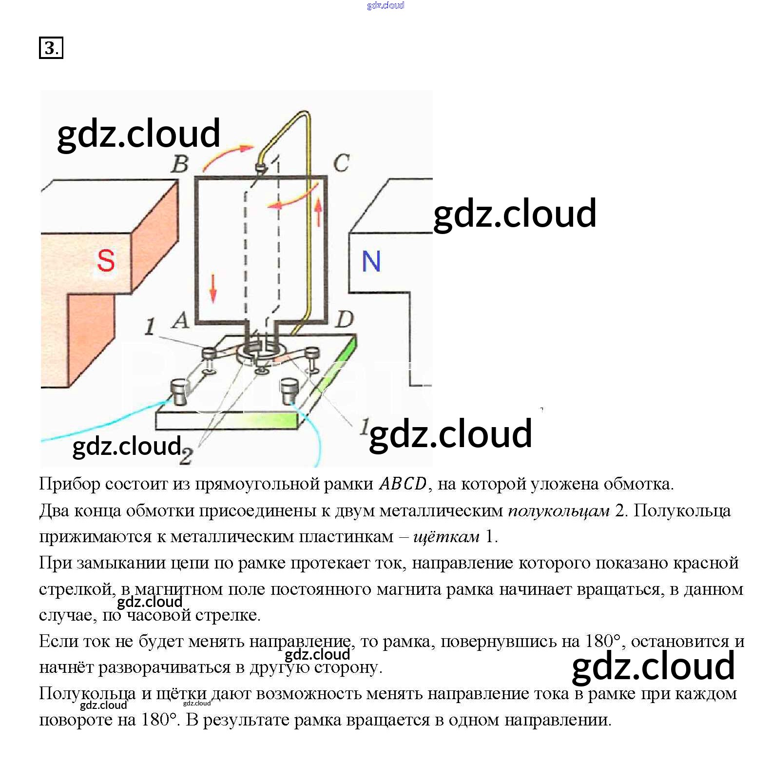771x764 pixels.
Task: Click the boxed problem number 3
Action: click(x=51, y=48)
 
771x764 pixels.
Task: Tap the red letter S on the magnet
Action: click(x=106, y=260)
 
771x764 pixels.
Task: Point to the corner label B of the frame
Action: click(x=180, y=164)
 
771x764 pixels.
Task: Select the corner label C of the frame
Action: click(x=341, y=163)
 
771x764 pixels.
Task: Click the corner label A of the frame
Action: click(x=181, y=320)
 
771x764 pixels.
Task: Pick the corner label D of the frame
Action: click(x=345, y=319)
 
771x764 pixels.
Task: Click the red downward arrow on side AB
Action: click(x=213, y=288)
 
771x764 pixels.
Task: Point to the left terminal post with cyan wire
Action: click(x=179, y=393)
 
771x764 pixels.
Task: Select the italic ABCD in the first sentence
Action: click(x=403, y=484)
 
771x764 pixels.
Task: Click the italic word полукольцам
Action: click(x=559, y=510)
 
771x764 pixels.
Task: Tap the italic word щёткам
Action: click(x=446, y=537)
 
